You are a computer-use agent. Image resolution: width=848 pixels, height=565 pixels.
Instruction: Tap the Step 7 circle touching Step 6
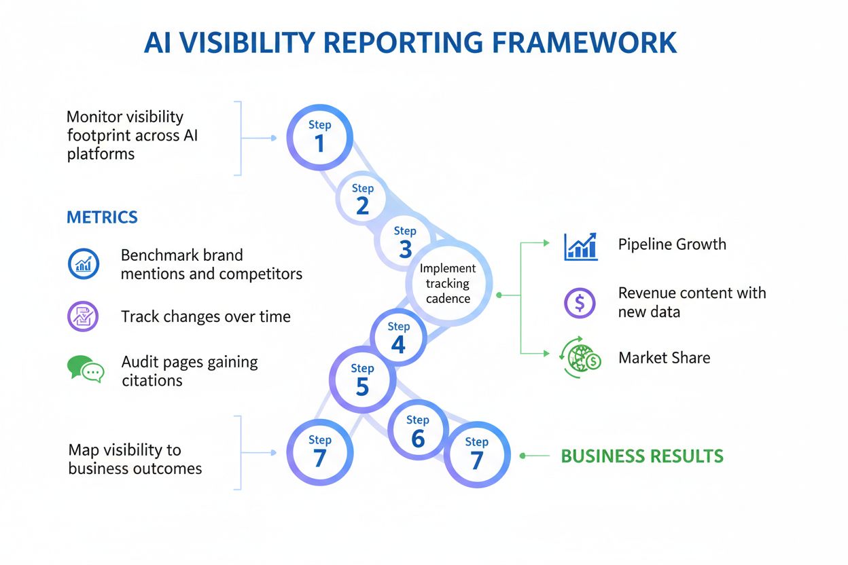coord(476,454)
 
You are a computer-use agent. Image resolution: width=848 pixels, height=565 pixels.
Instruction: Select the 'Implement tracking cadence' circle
coord(448,283)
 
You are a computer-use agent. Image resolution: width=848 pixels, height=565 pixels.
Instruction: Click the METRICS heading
coord(102,217)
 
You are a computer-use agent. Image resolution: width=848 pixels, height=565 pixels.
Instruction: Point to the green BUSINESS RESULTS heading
coord(642,456)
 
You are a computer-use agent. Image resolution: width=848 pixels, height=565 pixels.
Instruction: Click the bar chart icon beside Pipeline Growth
coord(581,246)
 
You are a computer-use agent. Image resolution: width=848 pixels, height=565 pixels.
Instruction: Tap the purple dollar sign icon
coord(580,302)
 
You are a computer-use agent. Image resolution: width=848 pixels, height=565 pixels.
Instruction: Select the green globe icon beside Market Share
coord(580,358)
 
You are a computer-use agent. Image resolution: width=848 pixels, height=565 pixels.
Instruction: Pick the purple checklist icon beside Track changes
coord(83,316)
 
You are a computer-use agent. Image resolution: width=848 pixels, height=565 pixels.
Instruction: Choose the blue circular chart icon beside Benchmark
coord(84,263)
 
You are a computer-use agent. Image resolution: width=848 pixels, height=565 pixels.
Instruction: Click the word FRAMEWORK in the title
coord(584,43)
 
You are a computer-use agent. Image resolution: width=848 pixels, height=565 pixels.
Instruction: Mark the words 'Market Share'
coord(664,358)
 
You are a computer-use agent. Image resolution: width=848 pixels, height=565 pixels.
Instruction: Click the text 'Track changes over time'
coord(205,316)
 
